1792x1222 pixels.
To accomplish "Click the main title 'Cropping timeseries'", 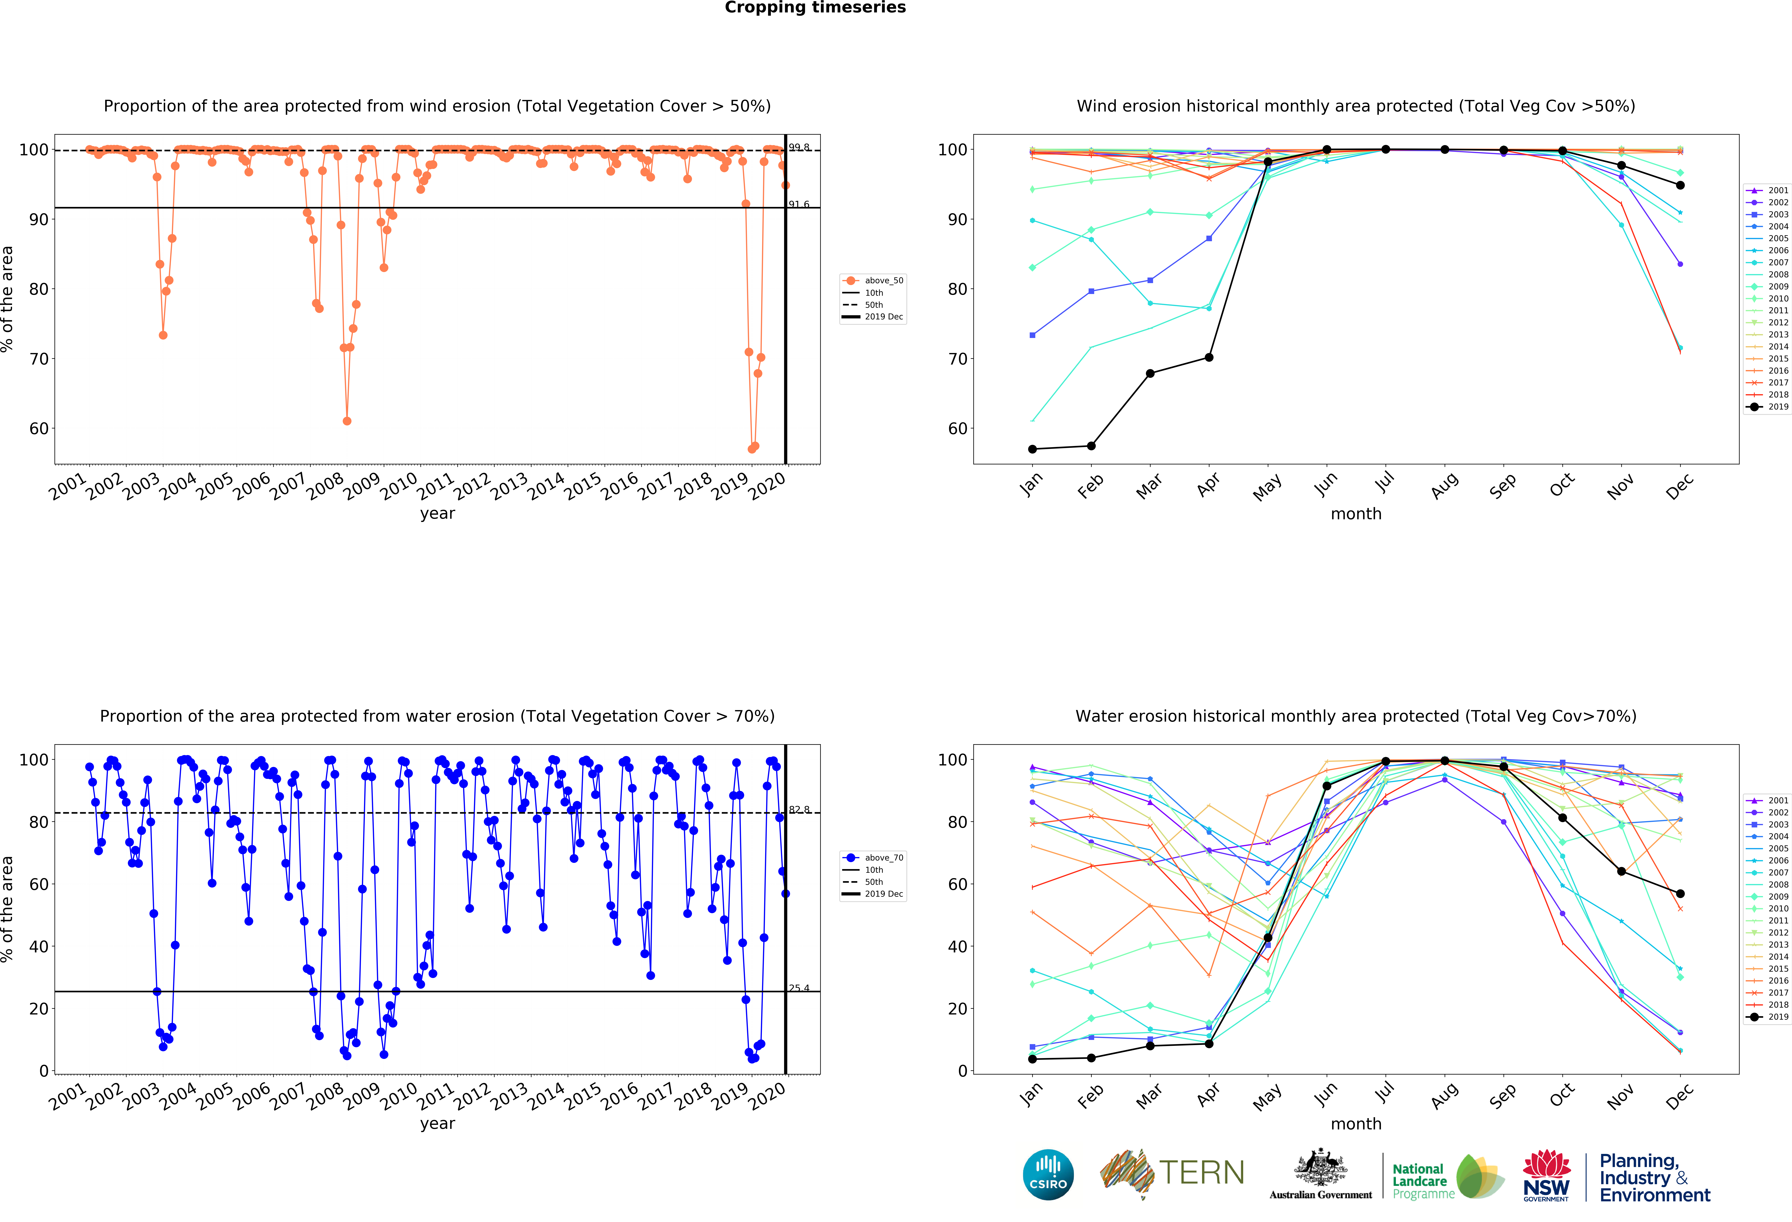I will tap(815, 8).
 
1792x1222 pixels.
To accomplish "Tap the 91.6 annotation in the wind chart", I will tap(799, 204).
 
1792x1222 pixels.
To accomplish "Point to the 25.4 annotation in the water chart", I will tap(799, 988).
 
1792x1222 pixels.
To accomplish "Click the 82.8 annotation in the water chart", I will tap(799, 809).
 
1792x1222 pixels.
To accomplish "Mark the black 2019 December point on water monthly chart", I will tap(1680, 893).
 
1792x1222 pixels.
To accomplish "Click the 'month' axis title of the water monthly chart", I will tap(1356, 1124).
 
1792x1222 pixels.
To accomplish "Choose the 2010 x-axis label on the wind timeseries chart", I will tap(399, 486).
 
